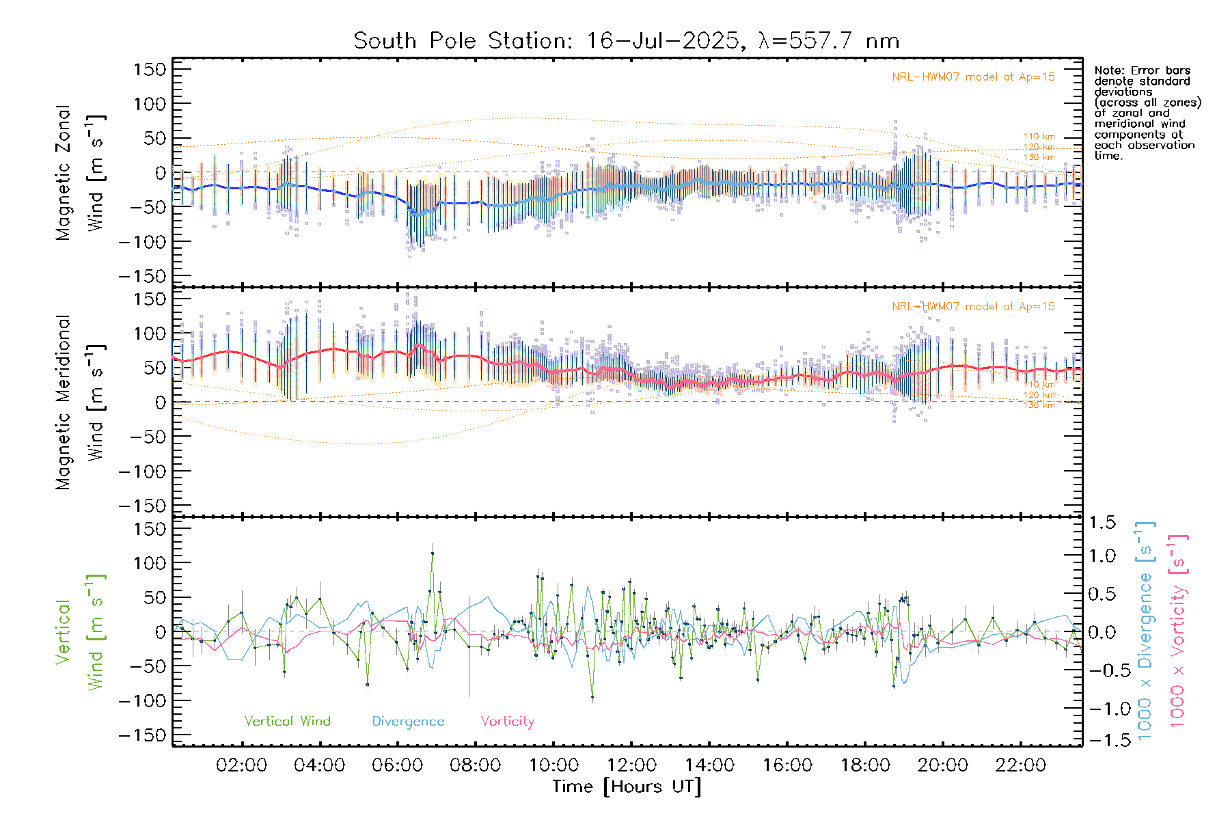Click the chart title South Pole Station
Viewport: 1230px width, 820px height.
[626, 41]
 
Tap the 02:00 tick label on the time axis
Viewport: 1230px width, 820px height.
[241, 765]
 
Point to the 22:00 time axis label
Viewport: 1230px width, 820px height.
[1020, 765]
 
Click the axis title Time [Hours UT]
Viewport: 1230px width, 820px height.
[627, 787]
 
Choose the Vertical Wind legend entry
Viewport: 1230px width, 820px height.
[287, 721]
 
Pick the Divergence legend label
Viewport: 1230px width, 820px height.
[408, 721]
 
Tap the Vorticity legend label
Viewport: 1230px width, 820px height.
[507, 721]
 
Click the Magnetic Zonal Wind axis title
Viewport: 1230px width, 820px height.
[80, 172]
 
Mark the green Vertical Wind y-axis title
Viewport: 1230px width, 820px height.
[80, 632]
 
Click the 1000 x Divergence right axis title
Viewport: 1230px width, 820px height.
[1145, 632]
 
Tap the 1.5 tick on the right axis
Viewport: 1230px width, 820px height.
[1102, 523]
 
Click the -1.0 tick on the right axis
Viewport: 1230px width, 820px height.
[1102, 709]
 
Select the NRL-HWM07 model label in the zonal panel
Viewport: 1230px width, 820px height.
[973, 77]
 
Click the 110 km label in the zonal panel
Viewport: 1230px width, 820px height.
[1039, 137]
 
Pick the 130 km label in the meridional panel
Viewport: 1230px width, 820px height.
[1039, 405]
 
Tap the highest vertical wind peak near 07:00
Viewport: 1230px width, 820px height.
[432, 553]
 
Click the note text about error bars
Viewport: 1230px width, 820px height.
[1147, 113]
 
